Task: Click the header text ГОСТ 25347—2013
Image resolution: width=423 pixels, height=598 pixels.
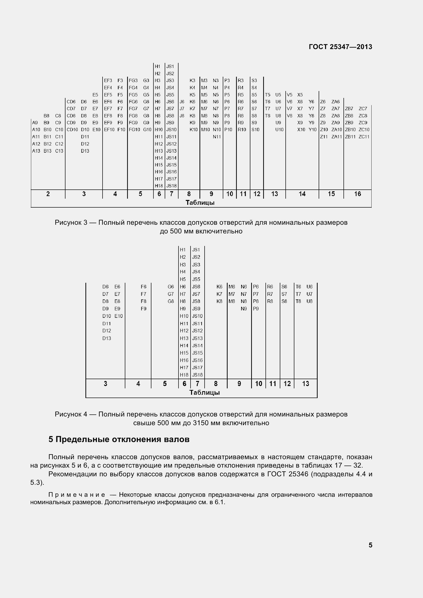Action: click(340, 47)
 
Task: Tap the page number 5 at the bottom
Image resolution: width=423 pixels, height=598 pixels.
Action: click(370, 545)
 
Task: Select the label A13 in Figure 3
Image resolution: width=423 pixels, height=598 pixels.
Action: click(36, 151)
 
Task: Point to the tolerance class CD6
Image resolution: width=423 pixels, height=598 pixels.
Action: click(71, 102)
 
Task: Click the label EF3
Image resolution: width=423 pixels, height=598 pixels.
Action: click(108, 81)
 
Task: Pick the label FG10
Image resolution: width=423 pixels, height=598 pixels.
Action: click(134, 130)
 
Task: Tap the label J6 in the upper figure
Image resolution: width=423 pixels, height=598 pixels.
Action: click(182, 102)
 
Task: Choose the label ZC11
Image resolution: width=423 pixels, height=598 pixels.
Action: click(364, 137)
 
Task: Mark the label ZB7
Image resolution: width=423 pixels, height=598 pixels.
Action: click(349, 109)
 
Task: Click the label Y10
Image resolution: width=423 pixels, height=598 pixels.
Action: click(312, 130)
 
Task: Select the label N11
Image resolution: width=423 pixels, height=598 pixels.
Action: click(216, 137)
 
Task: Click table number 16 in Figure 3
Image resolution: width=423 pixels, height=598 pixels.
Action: click(357, 194)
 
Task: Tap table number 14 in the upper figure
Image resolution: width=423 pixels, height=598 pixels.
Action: click(302, 194)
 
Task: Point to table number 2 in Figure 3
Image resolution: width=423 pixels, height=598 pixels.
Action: click(48, 194)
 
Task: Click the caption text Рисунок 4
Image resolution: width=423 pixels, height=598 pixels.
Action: click(71, 414)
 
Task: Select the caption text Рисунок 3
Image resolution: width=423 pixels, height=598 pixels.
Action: click(71, 222)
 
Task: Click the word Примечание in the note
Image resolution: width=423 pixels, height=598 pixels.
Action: click(77, 495)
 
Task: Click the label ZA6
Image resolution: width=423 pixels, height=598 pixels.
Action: click(335, 102)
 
